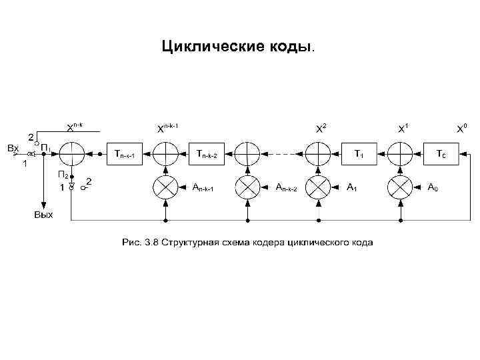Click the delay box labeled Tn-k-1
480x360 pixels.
point(125,154)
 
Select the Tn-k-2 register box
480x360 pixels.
point(207,154)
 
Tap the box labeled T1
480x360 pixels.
point(358,154)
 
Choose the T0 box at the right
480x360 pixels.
point(441,154)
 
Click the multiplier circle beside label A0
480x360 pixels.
point(401,187)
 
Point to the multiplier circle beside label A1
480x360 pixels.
point(318,187)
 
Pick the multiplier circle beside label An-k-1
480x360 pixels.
point(165,187)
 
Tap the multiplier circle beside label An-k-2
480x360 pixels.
point(247,187)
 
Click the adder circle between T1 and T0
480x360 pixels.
point(401,154)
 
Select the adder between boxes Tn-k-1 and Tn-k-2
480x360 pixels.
point(165,154)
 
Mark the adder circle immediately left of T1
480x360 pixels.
point(318,154)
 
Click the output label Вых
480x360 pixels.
point(44,215)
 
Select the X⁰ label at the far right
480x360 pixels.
point(461,129)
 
